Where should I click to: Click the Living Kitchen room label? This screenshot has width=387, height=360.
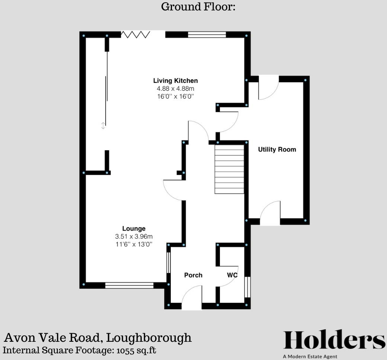175,81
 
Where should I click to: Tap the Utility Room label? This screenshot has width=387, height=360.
277,150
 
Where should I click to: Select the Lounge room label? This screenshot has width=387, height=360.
134,229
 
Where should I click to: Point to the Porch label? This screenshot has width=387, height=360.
193,275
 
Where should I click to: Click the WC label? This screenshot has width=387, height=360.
233,275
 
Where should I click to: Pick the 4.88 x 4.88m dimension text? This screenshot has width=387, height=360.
175,89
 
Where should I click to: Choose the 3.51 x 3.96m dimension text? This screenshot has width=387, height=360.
134,237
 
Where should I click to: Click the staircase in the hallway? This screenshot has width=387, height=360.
229,169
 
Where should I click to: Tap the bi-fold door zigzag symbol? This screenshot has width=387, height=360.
135,35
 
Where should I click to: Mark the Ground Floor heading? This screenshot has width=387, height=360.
198,7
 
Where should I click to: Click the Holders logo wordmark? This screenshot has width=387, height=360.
334,340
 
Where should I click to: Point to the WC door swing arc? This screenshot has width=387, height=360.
228,277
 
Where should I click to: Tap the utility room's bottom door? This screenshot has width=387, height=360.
270,214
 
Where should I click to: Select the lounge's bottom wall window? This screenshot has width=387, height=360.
129,286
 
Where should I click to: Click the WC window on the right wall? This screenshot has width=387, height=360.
247,287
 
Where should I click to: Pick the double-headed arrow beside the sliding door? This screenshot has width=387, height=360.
103,126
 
